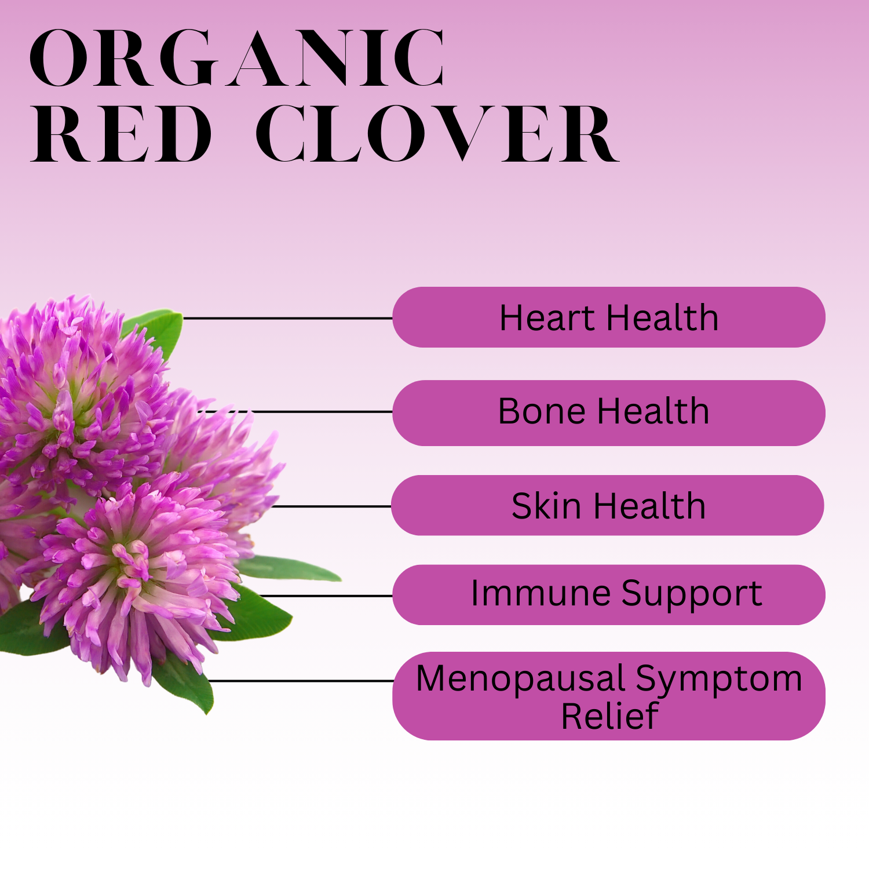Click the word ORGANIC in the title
(x=238, y=59)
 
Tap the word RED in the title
(x=122, y=134)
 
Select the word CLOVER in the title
(x=437, y=134)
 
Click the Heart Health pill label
(x=609, y=317)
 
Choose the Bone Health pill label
(x=609, y=412)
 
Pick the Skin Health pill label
(x=608, y=505)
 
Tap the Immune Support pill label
(x=609, y=594)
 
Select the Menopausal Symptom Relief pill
(x=609, y=696)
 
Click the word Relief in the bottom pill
(x=609, y=716)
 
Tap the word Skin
(x=546, y=506)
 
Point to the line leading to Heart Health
(x=287, y=318)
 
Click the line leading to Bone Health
(x=295, y=411)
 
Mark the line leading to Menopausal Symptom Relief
(x=301, y=681)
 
